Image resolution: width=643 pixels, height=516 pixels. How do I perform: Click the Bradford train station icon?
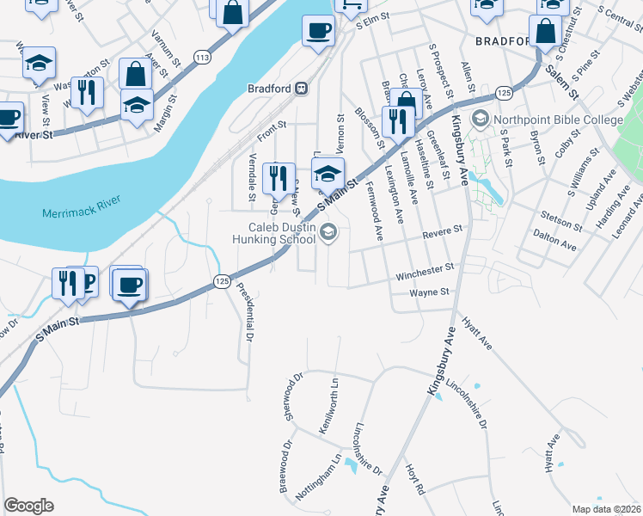[x=302, y=88]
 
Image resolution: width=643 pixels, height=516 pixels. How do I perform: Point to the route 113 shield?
[x=203, y=58]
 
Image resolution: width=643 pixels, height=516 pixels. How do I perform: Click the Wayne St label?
[x=429, y=292]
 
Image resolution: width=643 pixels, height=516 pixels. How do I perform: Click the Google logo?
[x=28, y=505]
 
